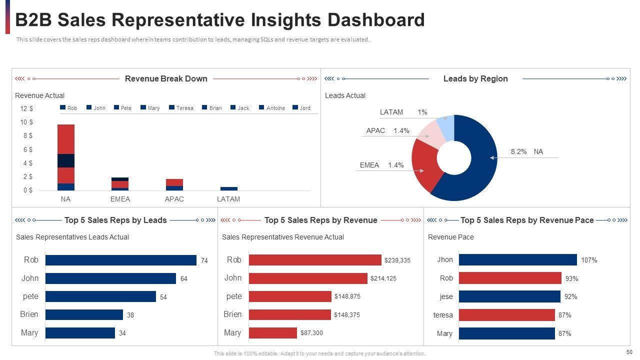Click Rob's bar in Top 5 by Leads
tap(120, 260)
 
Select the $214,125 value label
tap(383, 278)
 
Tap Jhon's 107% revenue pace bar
tap(517, 260)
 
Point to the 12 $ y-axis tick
tap(26, 108)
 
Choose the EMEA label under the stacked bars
tap(120, 199)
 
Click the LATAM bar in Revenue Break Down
tap(229, 188)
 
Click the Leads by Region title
tap(475, 78)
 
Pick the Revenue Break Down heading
tap(166, 78)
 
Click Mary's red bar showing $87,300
tap(272, 333)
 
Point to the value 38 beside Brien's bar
tap(130, 315)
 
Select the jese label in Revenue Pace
tap(446, 296)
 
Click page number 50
tap(629, 352)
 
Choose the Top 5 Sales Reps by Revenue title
tap(320, 220)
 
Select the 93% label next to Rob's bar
tap(572, 278)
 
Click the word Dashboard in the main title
tap(376, 20)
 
